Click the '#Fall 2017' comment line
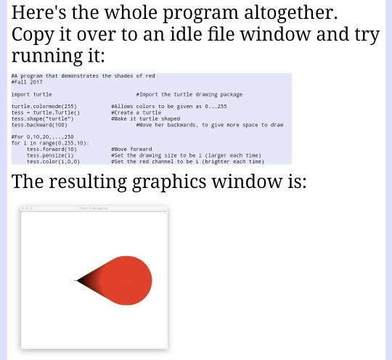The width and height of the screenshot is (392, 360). point(27,82)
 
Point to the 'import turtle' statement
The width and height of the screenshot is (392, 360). point(31,94)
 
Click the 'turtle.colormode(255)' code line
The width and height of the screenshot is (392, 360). point(44,107)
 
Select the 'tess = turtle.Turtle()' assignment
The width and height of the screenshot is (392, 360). point(46,112)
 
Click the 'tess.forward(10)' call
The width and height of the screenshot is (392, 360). point(52,150)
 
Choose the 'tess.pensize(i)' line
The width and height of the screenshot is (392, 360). point(50,155)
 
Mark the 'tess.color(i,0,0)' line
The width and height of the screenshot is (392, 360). point(53,161)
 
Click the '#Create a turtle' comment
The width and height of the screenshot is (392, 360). point(136,112)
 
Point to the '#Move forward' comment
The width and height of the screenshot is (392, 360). point(132,150)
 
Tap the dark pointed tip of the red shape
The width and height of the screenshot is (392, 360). point(77,281)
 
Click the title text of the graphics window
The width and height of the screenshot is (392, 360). point(94,208)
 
